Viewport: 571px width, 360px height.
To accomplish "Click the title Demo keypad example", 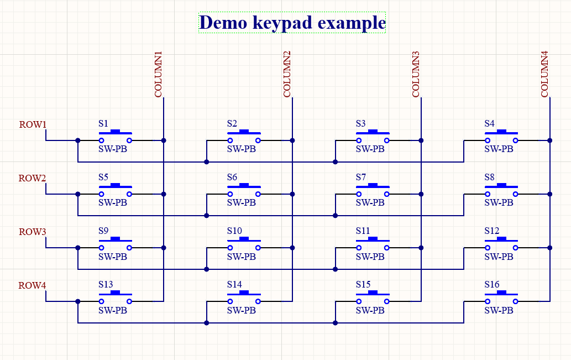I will pyautogui.click(x=292, y=23).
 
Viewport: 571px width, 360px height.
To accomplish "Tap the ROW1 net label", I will pyautogui.click(x=33, y=124).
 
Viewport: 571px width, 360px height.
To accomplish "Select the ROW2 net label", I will pyautogui.click(x=33, y=178).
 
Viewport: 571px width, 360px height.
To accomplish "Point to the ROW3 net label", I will pyautogui.click(x=33, y=232).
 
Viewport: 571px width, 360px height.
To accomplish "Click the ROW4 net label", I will pyautogui.click(x=33, y=285).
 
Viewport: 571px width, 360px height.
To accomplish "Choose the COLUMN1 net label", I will pyautogui.click(x=159, y=75).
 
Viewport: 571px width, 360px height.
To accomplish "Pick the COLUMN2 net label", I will pyautogui.click(x=287, y=75).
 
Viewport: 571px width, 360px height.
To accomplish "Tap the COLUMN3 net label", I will pyautogui.click(x=416, y=75).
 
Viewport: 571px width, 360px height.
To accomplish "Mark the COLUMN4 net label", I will pyautogui.click(x=544, y=75).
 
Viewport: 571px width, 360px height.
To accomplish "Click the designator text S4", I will pyautogui.click(x=489, y=123).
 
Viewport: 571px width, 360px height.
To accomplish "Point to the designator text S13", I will pyautogui.click(x=106, y=284).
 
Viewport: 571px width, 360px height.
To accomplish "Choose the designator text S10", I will pyautogui.click(x=234, y=231).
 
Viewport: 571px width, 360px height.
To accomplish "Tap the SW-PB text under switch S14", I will pyautogui.click(x=242, y=310).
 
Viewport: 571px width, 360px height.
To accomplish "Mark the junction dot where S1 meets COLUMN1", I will pyautogui.click(x=164, y=140).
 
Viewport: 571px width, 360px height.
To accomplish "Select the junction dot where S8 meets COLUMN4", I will pyautogui.click(x=549, y=194).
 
